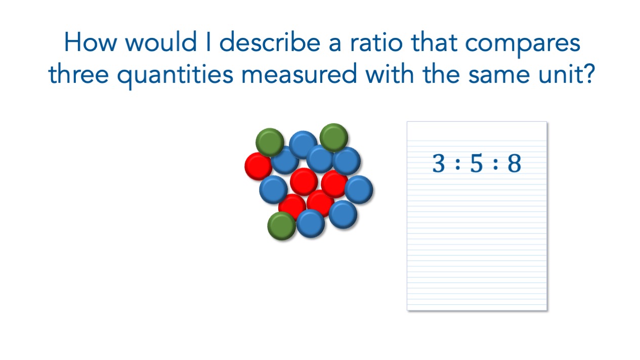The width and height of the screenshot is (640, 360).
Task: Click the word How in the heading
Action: click(91, 42)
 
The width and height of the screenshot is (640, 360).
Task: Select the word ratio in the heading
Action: click(377, 42)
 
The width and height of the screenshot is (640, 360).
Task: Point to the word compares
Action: click(523, 45)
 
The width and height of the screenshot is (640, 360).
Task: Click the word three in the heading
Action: click(78, 74)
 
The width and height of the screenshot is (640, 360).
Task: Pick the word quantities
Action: click(175, 75)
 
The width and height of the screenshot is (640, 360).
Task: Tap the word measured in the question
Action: click(299, 74)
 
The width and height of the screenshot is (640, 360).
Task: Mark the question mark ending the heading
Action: click(588, 74)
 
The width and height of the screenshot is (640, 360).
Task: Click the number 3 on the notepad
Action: click(439, 163)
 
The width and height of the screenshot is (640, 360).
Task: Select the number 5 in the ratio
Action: click(476, 163)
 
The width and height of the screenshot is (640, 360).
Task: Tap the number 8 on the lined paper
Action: click(515, 163)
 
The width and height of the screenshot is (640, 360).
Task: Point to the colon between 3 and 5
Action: click(458, 164)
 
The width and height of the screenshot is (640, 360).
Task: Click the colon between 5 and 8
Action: click(495, 164)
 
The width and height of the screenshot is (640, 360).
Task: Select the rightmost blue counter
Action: click(359, 190)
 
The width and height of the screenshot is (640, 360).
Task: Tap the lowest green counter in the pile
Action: click(281, 226)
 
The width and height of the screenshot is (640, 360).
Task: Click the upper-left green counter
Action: click(270, 142)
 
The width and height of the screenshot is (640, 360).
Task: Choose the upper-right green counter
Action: click(334, 138)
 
